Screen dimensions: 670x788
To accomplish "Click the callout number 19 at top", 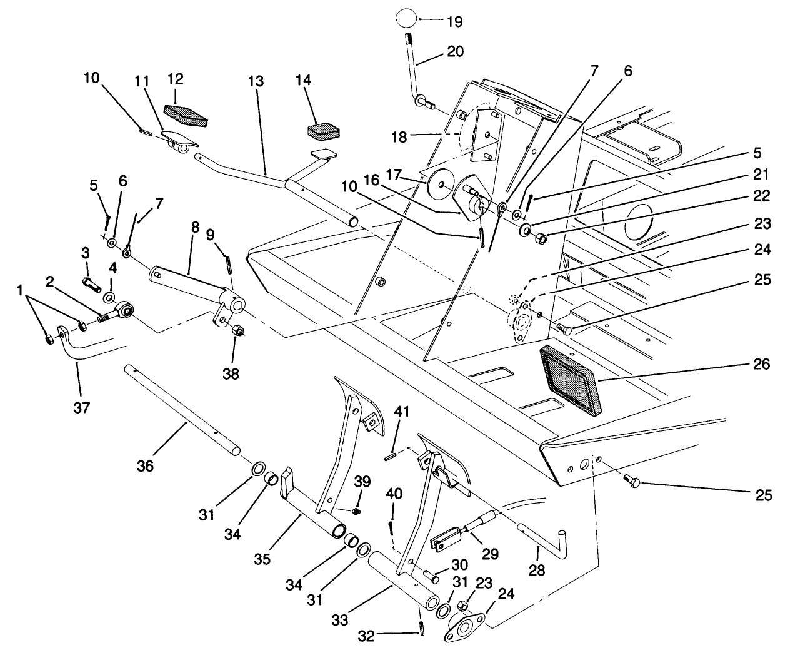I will coord(454,21).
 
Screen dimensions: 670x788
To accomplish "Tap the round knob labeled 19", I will coord(406,18).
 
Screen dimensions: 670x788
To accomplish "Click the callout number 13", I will coord(256,81).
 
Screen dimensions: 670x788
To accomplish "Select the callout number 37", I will coord(82,409).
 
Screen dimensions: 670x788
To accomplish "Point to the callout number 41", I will coord(401,412).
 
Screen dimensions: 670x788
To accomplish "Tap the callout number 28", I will coord(537,570).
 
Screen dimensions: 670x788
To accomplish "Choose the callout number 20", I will coord(456,52).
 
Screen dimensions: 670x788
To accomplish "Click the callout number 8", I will coord(195,228).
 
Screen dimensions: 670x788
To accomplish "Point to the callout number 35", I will coord(262,559).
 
